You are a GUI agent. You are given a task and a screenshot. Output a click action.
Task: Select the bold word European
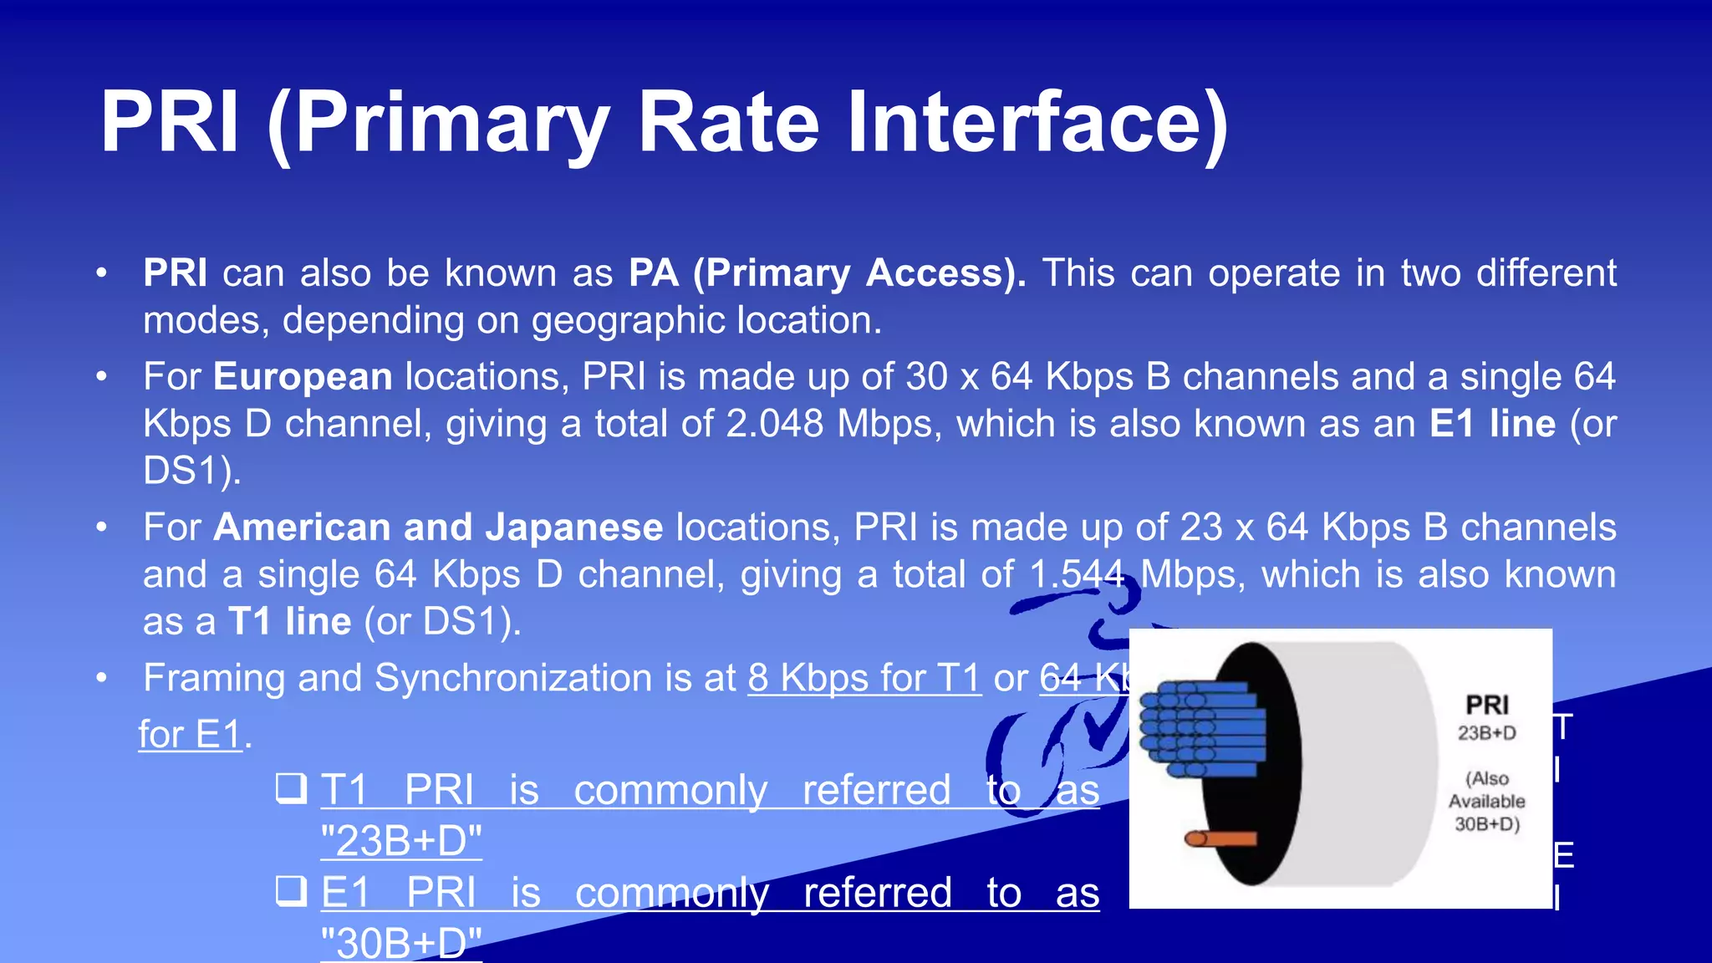click(x=303, y=377)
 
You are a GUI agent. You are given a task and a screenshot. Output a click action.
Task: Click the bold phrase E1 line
click(x=1492, y=424)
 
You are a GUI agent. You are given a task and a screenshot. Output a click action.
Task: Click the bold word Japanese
click(x=574, y=527)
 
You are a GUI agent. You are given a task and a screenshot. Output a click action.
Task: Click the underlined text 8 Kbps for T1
click(x=864, y=678)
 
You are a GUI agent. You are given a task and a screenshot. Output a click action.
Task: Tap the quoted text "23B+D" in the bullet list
click(x=401, y=840)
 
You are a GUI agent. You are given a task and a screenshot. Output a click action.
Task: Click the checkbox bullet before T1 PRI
click(x=291, y=788)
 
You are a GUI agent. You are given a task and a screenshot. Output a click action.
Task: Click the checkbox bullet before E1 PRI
click(x=291, y=891)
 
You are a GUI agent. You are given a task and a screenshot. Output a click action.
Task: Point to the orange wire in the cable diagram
click(x=1220, y=838)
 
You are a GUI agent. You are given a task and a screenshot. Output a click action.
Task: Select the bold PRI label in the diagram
click(x=1487, y=705)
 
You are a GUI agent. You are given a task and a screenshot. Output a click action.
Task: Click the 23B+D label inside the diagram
click(x=1486, y=733)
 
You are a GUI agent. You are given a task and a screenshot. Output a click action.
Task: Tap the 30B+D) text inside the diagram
click(x=1486, y=824)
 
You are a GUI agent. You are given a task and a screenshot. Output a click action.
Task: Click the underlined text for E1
click(x=190, y=735)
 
